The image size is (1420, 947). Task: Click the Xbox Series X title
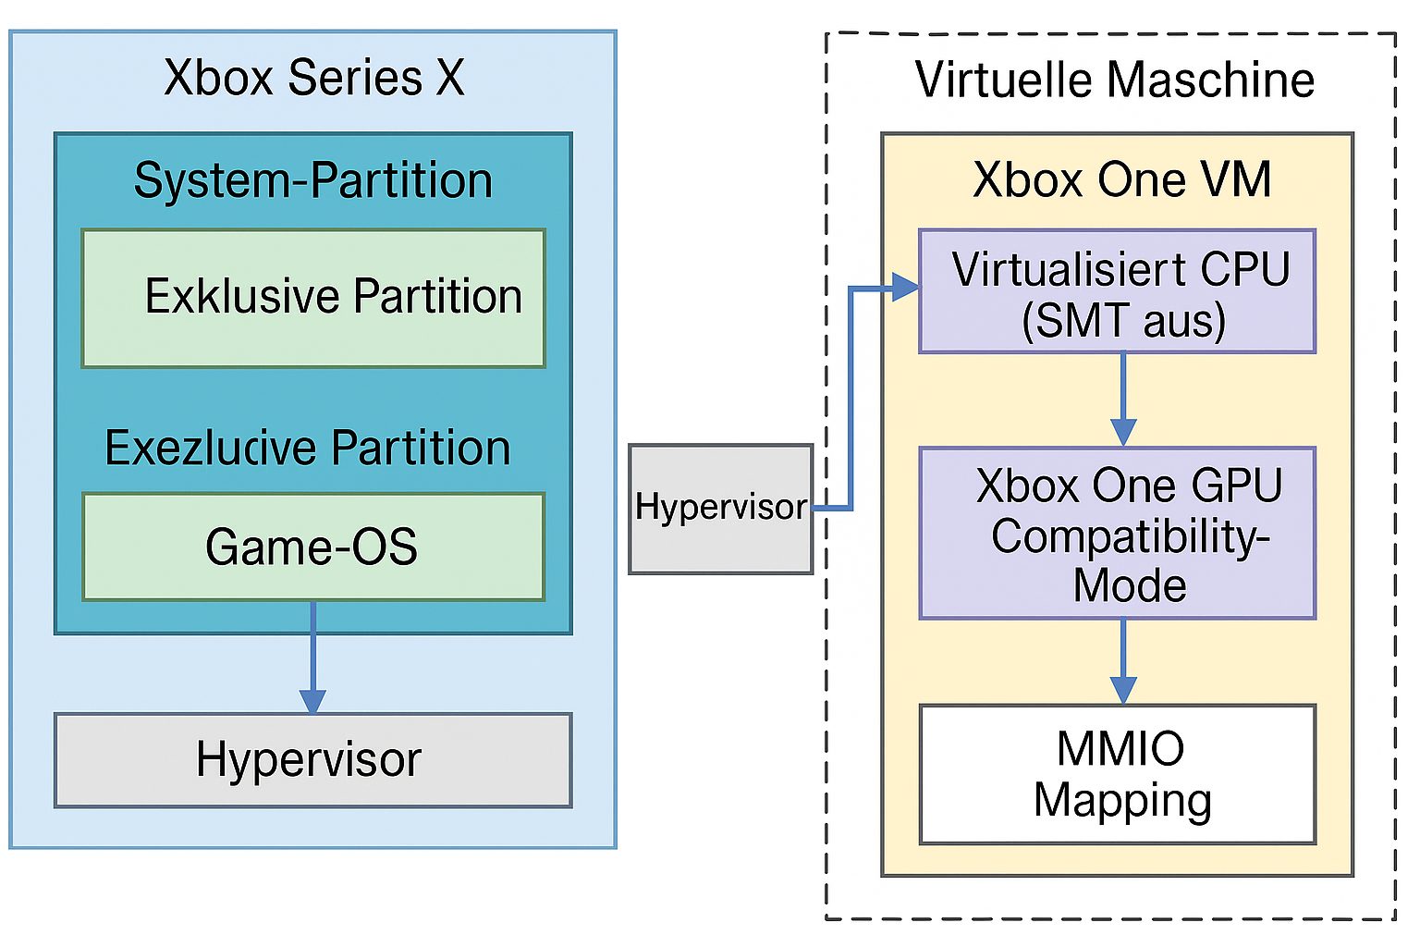point(313,78)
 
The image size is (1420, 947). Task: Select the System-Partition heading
point(313,180)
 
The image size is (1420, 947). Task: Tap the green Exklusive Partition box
point(313,298)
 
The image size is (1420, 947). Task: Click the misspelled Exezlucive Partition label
point(308,449)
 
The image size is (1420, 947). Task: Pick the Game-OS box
point(313,547)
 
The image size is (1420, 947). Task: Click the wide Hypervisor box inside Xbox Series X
point(313,760)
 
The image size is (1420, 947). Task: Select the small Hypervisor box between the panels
point(720,509)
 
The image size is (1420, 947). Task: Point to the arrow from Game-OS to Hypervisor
point(313,657)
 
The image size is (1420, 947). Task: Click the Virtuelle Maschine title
point(1115,80)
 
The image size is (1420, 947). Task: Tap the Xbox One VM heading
point(1122,179)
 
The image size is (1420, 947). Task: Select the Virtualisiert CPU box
point(1118,291)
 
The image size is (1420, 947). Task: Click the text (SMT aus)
point(1123,321)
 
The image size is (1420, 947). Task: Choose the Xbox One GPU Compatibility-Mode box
point(1118,534)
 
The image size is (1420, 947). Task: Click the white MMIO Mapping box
point(1118,775)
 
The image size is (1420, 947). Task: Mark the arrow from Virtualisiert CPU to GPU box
point(1123,398)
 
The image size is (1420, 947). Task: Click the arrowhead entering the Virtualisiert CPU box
point(905,288)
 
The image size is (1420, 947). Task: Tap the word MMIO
point(1120,749)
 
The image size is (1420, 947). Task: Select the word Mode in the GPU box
point(1130,585)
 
